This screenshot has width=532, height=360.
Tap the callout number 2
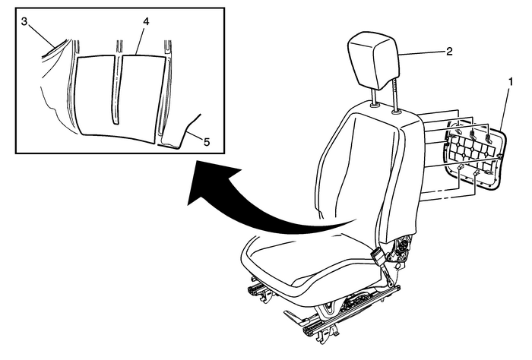449,51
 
